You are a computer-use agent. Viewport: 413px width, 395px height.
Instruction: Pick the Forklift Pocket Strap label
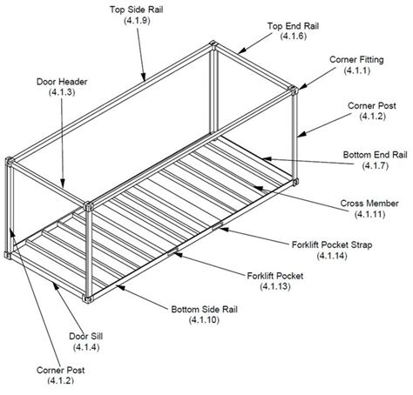point(333,245)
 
